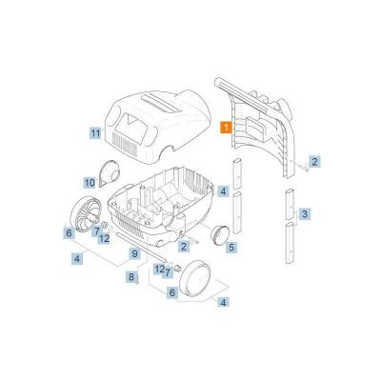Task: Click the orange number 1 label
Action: [225, 125]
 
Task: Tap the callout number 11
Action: [95, 133]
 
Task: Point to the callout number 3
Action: [304, 215]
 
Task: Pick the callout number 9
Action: [135, 253]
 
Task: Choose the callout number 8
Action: [132, 276]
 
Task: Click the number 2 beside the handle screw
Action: [314, 163]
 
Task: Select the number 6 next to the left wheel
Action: [69, 232]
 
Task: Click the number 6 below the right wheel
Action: [172, 292]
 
